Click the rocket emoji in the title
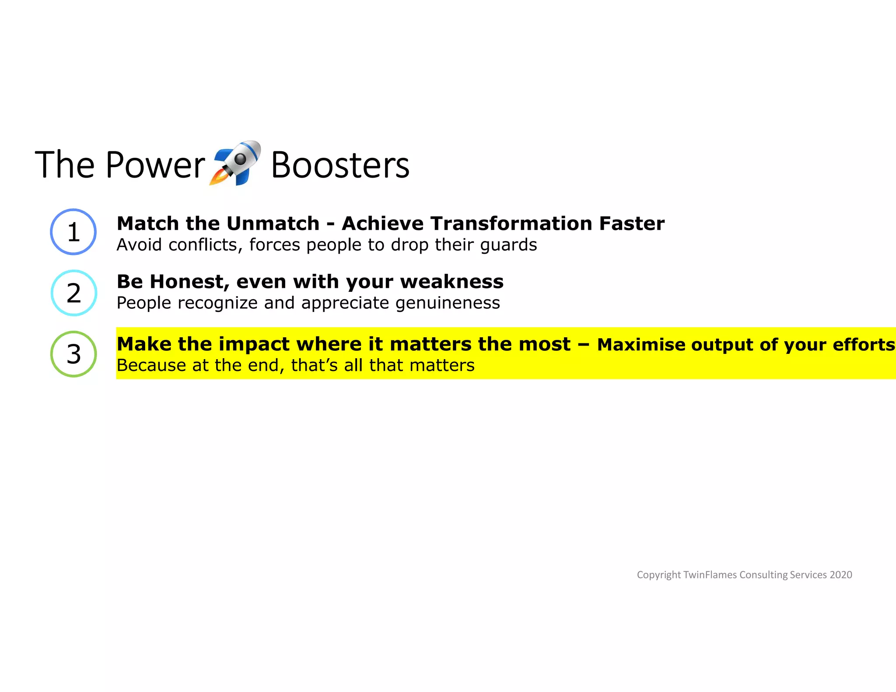coord(235,163)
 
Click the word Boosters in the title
coord(340,165)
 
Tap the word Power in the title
coord(155,165)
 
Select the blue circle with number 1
coord(73,232)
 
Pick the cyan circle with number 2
coord(73,293)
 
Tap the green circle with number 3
coord(73,354)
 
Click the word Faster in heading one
coord(631,224)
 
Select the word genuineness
coord(448,303)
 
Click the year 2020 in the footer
coord(840,575)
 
